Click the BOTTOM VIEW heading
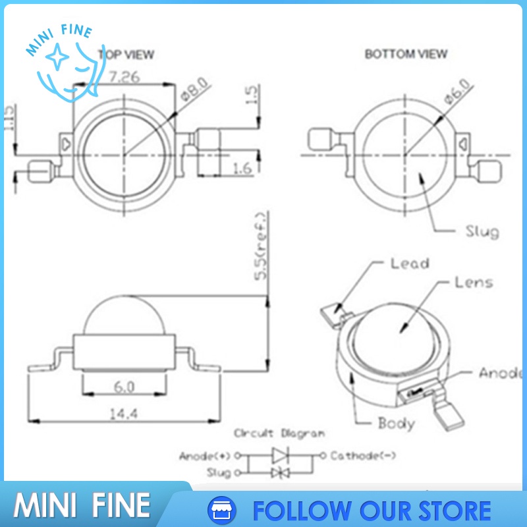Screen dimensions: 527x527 406,54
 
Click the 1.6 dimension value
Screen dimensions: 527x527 242,169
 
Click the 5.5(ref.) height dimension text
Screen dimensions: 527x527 262,246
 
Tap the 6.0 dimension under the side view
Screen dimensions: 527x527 123,387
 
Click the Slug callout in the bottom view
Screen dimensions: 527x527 482,231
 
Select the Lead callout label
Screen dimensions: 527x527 409,263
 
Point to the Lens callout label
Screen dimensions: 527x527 473,282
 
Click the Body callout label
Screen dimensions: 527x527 396,422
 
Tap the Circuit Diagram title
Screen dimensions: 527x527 279,433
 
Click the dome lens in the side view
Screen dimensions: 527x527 123,315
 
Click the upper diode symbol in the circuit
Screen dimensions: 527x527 281,455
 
